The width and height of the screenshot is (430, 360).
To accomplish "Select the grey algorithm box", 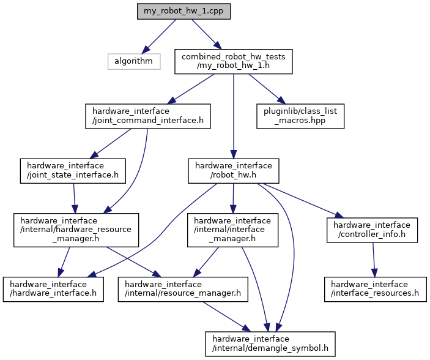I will tap(133, 61).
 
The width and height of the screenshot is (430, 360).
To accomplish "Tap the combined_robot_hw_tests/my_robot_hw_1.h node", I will tap(233, 62).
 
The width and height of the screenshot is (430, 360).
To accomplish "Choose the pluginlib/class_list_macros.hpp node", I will tap(300, 116).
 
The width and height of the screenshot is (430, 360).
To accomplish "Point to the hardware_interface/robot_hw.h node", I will tap(234, 170).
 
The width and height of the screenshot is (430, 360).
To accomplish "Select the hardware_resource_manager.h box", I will tap(76, 230).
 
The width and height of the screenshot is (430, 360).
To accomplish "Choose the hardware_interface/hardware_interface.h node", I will tap(53, 289).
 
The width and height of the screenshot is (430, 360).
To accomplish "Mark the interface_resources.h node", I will tap(375, 289).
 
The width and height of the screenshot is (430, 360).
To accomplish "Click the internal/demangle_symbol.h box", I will tap(270, 343).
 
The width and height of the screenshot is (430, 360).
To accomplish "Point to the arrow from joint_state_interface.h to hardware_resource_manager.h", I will tap(75, 197).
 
